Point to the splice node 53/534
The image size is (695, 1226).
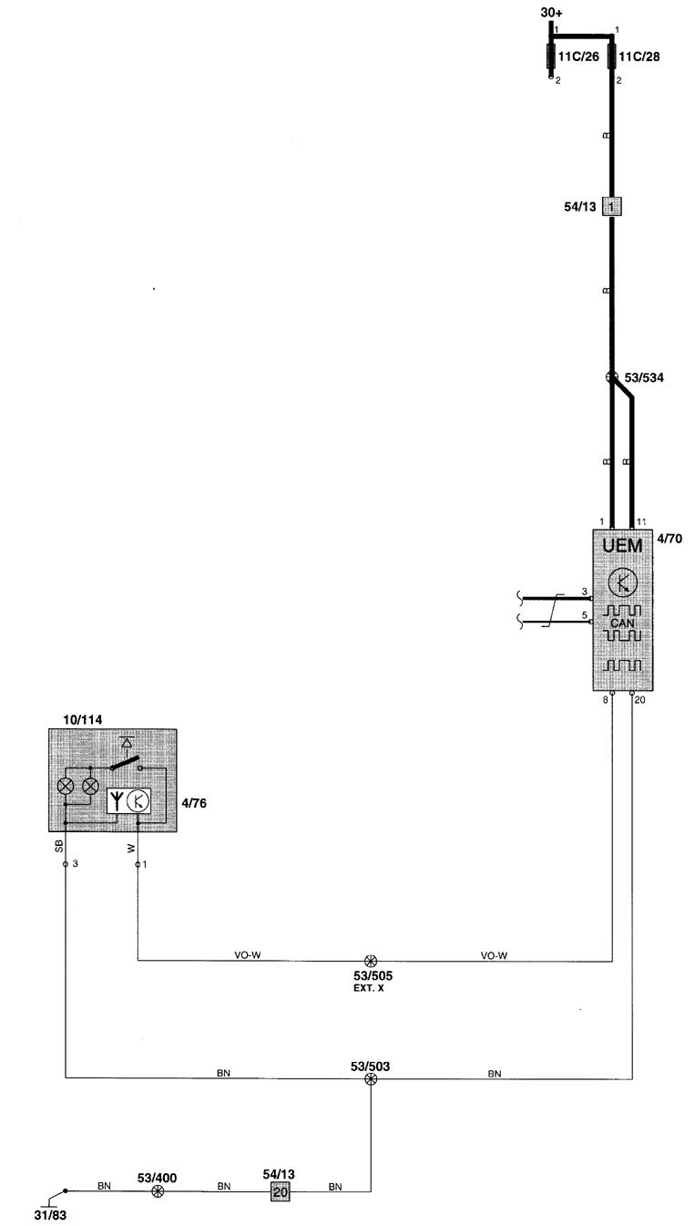613,377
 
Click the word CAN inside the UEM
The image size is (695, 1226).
624,622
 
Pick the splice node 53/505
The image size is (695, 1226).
371,961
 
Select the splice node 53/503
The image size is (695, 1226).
371,1079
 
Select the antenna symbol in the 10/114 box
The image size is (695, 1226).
116,800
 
